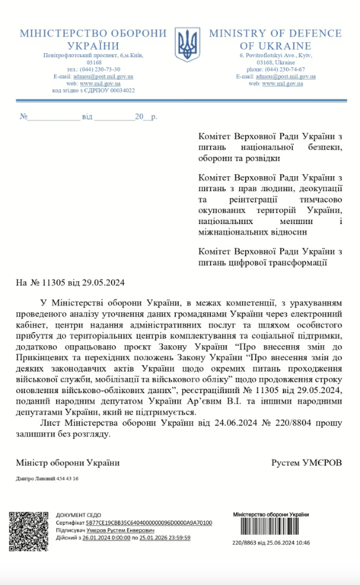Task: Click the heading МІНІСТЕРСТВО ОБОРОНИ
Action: (x=92, y=34)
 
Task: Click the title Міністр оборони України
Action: (x=68, y=462)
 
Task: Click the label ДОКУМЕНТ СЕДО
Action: (x=75, y=516)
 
